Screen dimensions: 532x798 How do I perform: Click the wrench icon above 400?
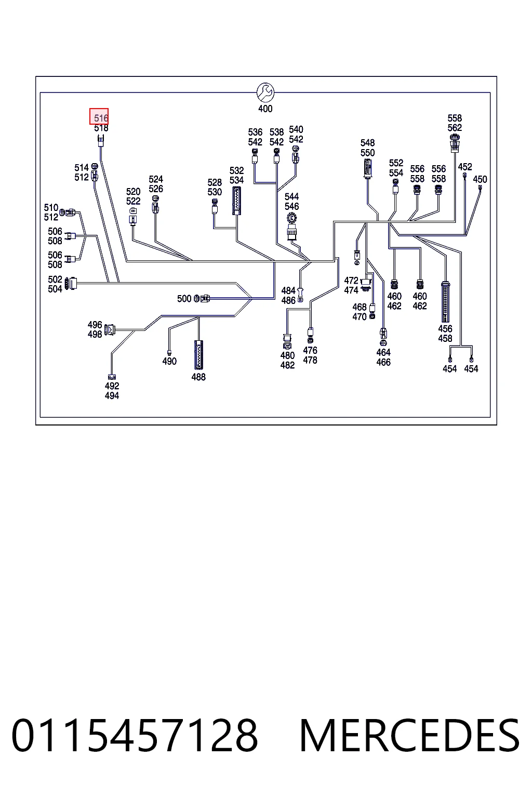(x=265, y=92)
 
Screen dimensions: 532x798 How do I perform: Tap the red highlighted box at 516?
(x=99, y=116)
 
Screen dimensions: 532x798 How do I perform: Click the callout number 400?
(x=265, y=109)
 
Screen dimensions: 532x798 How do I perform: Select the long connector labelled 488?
(x=198, y=355)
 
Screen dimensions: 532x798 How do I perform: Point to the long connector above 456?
(x=445, y=302)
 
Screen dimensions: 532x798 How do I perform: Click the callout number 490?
(x=169, y=361)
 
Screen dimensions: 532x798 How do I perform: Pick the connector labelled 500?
(x=202, y=299)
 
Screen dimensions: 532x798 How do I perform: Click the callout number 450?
(x=480, y=179)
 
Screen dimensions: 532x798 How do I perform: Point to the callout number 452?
(x=465, y=167)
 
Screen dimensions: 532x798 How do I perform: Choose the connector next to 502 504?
(x=71, y=283)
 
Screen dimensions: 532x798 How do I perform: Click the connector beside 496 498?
(x=110, y=330)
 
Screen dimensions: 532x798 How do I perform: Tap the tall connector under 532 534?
(x=236, y=201)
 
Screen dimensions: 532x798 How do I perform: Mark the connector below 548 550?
(x=367, y=168)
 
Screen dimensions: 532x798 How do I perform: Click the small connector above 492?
(x=112, y=377)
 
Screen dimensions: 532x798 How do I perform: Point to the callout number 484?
(x=288, y=291)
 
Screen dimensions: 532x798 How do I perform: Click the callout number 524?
(x=156, y=179)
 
